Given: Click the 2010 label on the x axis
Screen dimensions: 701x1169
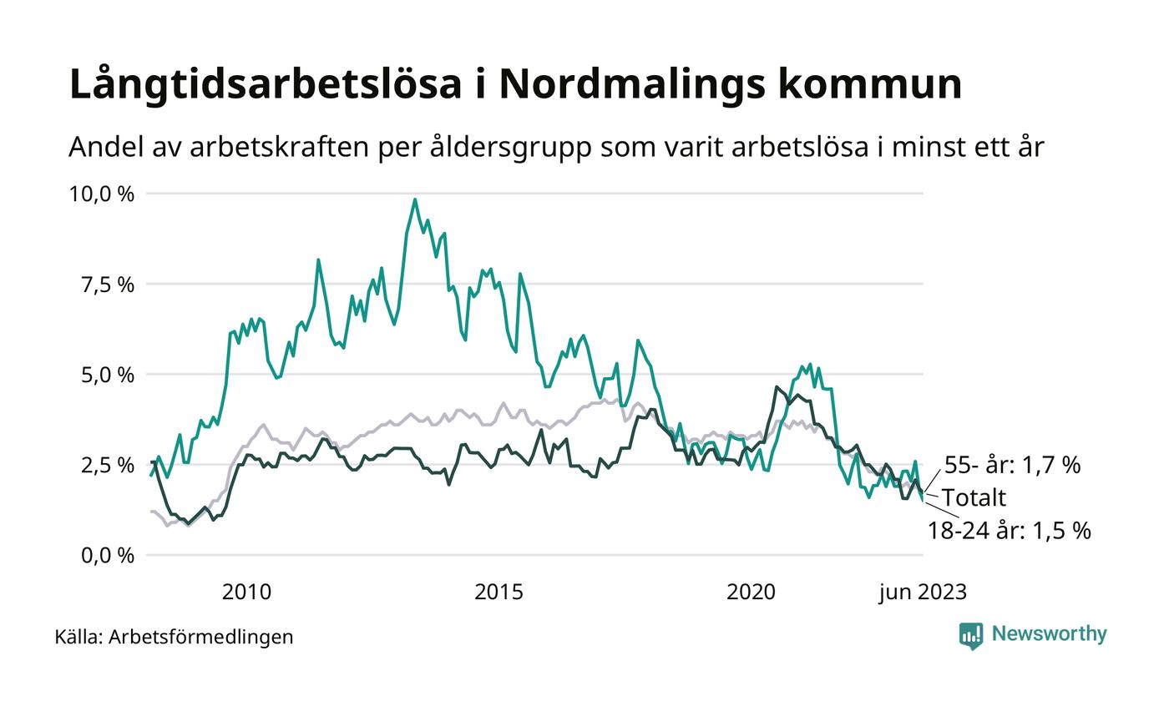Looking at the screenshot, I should [x=246, y=593].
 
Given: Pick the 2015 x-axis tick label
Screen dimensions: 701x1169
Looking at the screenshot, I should [x=498, y=593].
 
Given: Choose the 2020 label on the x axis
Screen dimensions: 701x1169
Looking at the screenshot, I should [x=751, y=593].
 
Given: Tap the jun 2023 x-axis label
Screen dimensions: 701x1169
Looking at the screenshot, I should [x=923, y=593].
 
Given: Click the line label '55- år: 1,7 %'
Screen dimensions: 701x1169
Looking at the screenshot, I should [x=1012, y=465].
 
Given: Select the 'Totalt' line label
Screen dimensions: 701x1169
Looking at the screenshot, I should [x=974, y=497].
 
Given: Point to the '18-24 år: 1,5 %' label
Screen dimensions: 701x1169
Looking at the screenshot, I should [x=1009, y=530].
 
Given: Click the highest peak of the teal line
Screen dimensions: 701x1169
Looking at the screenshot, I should [x=415, y=199].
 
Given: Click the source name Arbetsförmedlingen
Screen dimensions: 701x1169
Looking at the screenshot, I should [x=201, y=637].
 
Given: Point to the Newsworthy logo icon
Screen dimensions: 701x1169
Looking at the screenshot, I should [x=971, y=635].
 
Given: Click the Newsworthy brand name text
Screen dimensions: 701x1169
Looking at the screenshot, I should [x=1049, y=634].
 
